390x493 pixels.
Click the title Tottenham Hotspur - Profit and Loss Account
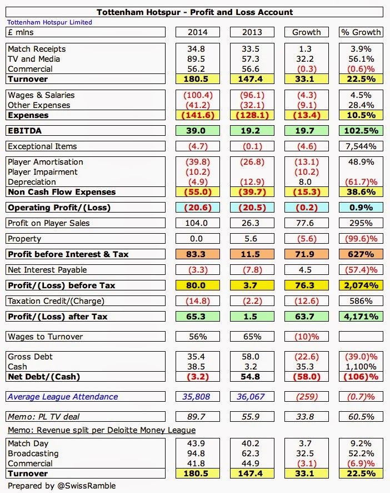[x=194, y=12]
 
